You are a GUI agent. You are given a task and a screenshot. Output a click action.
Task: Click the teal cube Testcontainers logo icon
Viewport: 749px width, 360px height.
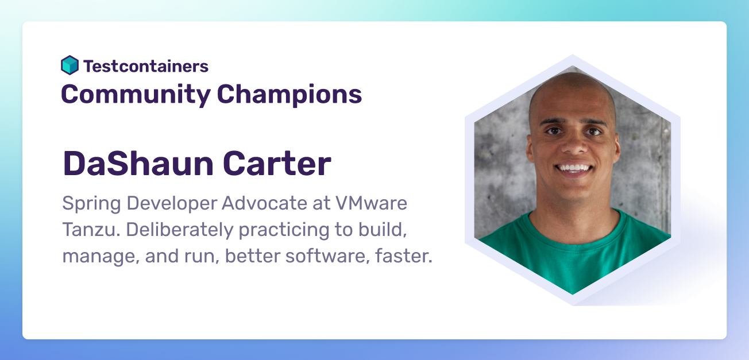[x=70, y=65]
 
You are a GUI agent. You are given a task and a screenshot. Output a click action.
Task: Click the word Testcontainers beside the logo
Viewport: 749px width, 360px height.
[x=146, y=66]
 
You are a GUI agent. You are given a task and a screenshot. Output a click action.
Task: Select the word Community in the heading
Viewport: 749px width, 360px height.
[x=136, y=95]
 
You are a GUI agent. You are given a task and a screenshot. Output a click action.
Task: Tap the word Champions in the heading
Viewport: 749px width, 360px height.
[x=289, y=95]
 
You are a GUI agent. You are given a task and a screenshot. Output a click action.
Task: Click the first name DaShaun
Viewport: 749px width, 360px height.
[x=138, y=164]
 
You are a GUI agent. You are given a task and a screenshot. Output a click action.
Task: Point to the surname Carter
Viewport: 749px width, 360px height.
[x=277, y=164]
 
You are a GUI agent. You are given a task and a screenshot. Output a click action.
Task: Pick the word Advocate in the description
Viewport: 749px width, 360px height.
[x=264, y=203]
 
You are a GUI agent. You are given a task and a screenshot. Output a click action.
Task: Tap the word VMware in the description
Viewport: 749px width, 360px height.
[x=371, y=203]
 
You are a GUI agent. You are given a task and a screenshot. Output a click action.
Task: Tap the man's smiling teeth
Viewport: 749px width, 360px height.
[x=574, y=167]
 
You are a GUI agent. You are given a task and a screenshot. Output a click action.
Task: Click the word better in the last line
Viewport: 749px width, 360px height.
[x=253, y=256]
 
